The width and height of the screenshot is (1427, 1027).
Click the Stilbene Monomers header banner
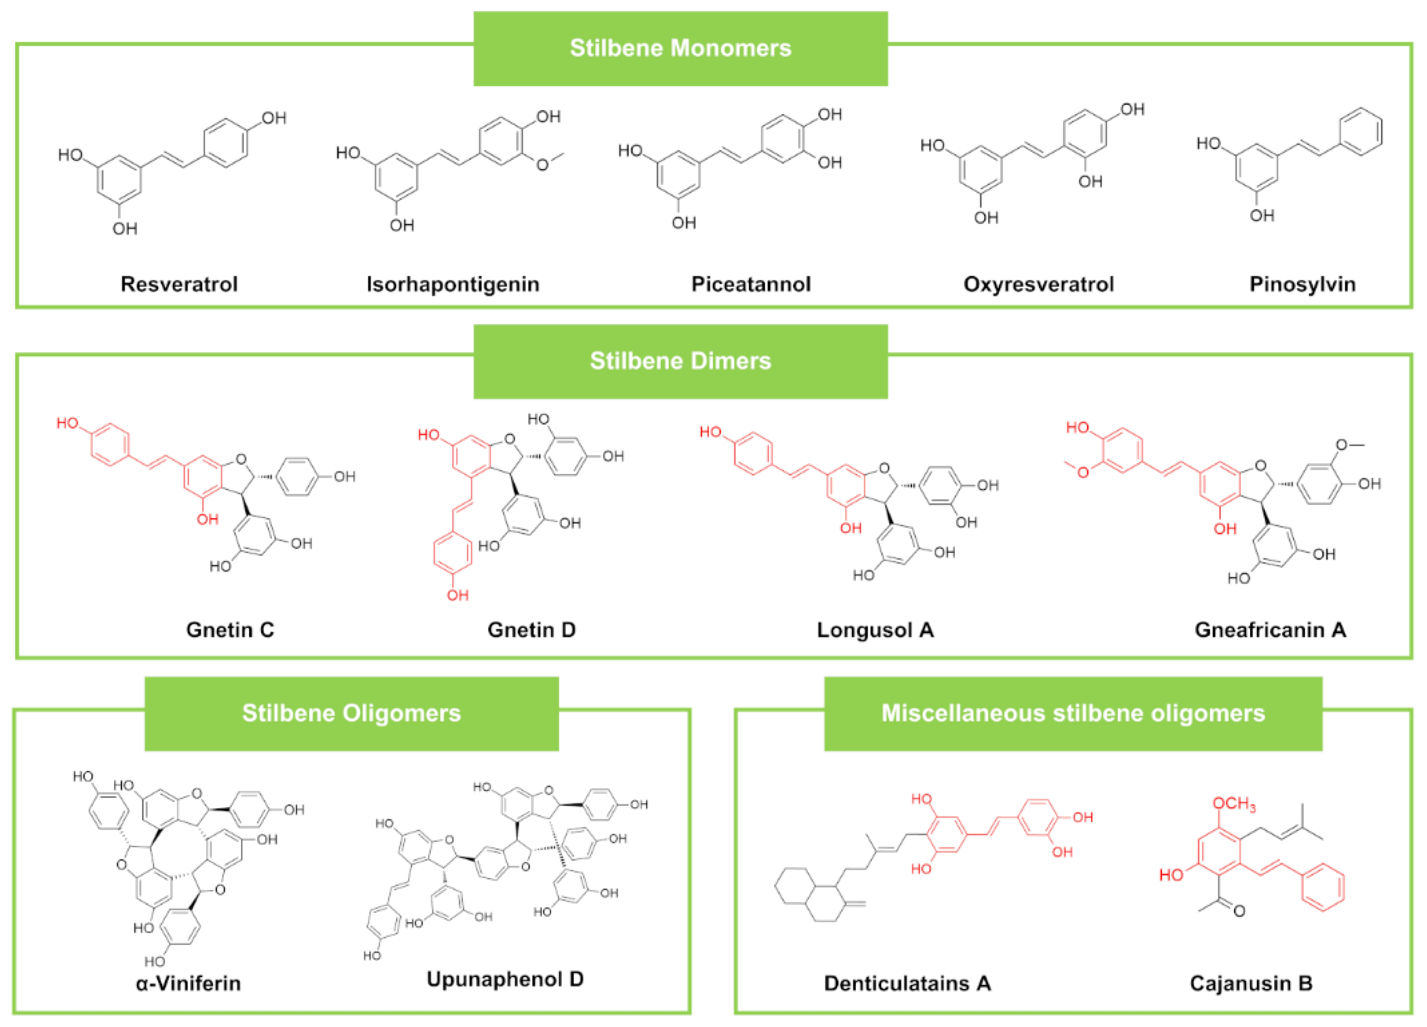680,48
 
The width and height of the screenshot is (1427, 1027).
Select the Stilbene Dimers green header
680,361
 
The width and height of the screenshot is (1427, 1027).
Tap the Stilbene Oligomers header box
351,713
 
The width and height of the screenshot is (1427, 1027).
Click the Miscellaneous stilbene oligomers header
1073,713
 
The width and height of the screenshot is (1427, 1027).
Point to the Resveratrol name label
179,284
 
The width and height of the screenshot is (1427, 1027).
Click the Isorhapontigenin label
453,284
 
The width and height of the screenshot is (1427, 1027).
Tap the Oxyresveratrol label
1039,284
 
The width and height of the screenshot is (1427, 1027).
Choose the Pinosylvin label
1303,284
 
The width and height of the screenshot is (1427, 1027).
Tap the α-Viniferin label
188,982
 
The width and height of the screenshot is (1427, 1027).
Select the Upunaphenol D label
505,979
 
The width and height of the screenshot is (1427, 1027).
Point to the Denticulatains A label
907,983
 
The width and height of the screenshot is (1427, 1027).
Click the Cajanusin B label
1251,983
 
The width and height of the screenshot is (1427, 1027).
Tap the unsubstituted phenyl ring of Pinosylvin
1361,131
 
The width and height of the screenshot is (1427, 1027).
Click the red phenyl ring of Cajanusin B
1323,887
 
